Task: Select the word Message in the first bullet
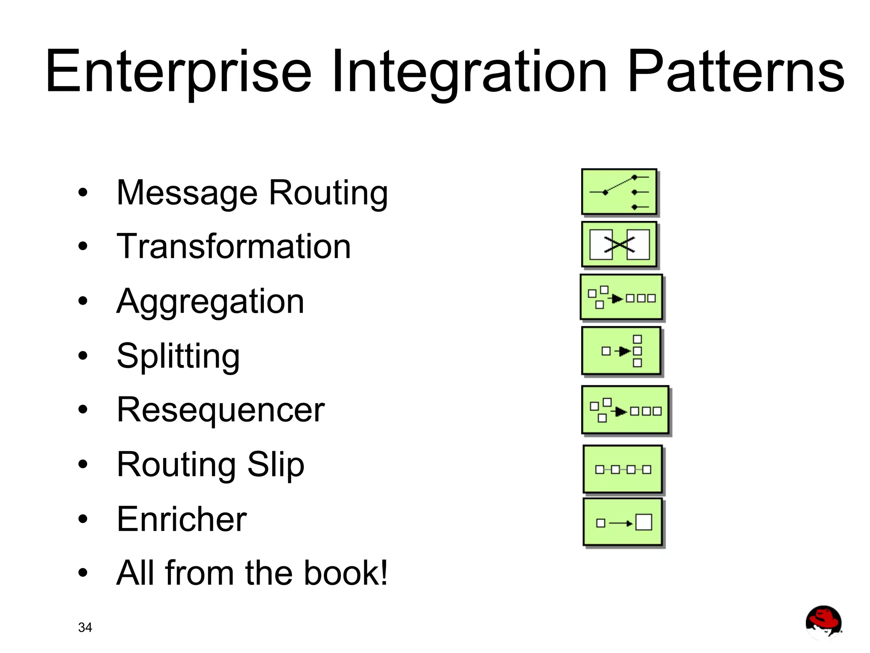[187, 193]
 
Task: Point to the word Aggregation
[210, 302]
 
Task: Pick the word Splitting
[178, 356]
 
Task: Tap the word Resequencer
[220, 410]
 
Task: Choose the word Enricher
[181, 519]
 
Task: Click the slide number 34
[85, 627]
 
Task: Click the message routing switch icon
[619, 192]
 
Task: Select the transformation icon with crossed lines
[619, 245]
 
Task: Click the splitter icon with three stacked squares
[621, 351]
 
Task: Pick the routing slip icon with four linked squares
[623, 469]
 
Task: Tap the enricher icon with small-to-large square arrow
[623, 523]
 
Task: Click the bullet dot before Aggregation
[83, 301]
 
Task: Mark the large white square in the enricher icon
[644, 522]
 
